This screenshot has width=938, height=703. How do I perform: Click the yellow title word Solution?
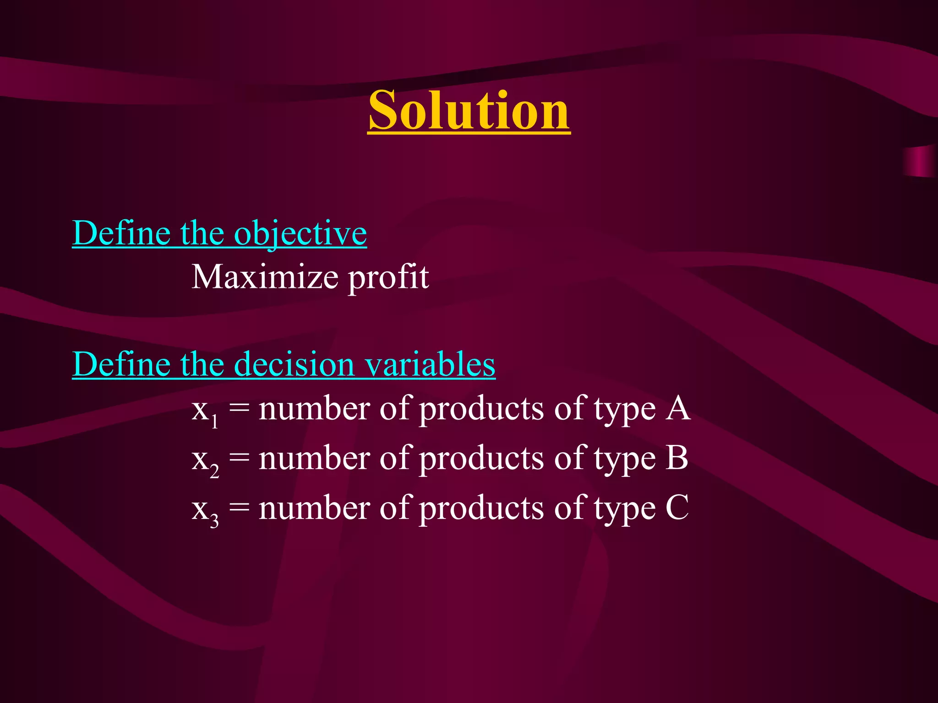(469, 111)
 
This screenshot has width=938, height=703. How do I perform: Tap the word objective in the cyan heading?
(300, 233)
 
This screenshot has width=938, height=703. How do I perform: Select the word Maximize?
(265, 277)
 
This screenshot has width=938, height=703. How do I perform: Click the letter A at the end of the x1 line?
(678, 408)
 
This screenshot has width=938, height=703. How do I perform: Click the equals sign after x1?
(239, 409)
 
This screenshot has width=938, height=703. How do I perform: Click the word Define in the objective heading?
(122, 233)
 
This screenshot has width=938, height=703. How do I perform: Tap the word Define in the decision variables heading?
(122, 365)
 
